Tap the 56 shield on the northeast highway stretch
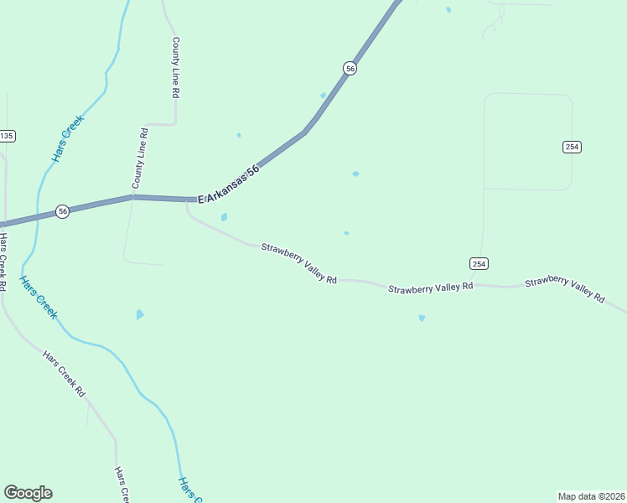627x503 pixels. click(x=350, y=69)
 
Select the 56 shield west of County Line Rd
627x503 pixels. click(x=63, y=212)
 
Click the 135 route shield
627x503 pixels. click(x=7, y=136)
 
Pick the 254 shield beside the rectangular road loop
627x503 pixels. click(x=572, y=147)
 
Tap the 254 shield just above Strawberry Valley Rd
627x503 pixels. click(x=478, y=263)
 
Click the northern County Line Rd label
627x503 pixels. click(x=175, y=68)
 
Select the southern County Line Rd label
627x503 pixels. click(x=140, y=158)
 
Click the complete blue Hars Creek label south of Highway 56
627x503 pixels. click(x=39, y=298)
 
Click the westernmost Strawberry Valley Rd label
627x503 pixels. click(x=298, y=262)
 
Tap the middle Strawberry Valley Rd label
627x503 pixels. click(x=431, y=288)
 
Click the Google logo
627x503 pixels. click(x=28, y=493)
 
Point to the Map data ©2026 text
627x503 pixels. click(x=590, y=496)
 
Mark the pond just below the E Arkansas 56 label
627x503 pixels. click(x=224, y=217)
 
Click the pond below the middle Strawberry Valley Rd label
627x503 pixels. click(x=422, y=318)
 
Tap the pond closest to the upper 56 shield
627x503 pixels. click(x=324, y=96)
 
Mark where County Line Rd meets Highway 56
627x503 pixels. click(x=132, y=197)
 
